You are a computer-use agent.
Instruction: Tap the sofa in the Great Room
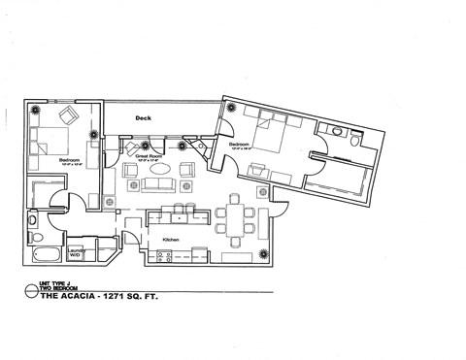(x=157, y=184)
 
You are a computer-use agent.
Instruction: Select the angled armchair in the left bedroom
(x=70, y=117)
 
